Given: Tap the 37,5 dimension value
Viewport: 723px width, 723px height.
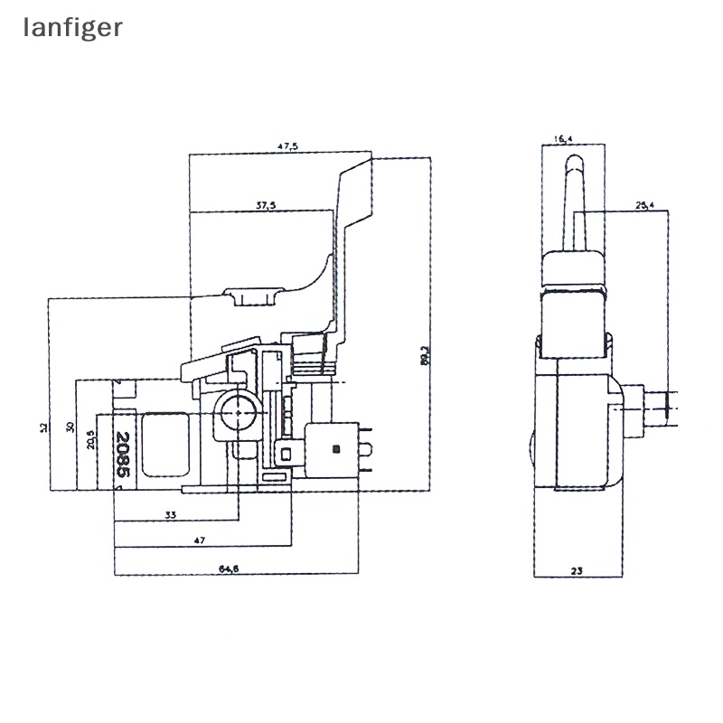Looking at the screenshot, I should coord(265,206).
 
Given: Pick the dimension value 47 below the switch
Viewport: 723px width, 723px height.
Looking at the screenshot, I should coord(200,540).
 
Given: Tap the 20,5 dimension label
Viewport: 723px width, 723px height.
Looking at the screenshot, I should coord(90,439).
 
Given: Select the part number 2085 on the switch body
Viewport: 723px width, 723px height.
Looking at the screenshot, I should coord(123,455).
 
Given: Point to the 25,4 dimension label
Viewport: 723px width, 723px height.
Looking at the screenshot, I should coord(644,206).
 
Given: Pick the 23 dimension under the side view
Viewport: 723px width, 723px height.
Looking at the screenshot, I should coord(577,569).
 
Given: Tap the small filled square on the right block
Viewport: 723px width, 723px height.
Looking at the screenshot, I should coord(336,447).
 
